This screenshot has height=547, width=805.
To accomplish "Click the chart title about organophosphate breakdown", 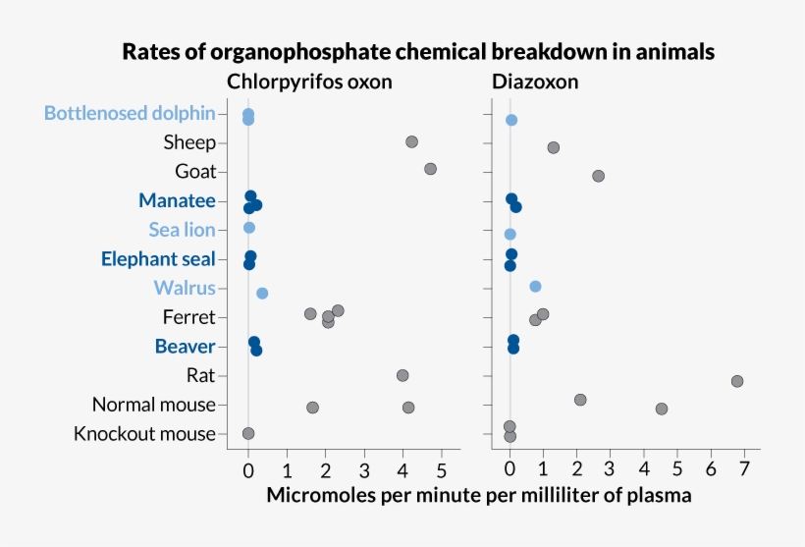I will coord(417,51).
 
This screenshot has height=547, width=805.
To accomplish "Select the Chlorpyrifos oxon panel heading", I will coord(309,82).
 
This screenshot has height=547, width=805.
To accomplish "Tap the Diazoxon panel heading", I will coord(537,82).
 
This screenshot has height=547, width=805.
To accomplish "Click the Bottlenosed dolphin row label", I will coord(130,113).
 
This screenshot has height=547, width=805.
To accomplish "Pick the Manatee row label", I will coord(177,200).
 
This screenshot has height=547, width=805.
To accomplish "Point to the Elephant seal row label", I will coord(158,259).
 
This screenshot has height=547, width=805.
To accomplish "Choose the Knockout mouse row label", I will coord(144,433).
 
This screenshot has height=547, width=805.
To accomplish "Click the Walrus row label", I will coord(185,288).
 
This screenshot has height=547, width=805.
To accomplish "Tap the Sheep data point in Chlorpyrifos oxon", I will coord(411,142).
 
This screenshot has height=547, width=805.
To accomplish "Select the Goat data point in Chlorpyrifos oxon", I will coord(430,169).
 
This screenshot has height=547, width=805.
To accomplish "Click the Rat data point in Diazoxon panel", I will coord(737,381).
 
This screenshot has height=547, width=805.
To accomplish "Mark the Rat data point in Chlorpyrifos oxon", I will coord(402,375).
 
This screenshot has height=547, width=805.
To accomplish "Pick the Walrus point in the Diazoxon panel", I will coord(535,286).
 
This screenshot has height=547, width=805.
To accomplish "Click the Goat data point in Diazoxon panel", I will coord(599,176).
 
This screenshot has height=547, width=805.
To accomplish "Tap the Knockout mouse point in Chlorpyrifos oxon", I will coord(248,433).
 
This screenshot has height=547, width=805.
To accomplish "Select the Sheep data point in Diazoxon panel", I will coord(554,147).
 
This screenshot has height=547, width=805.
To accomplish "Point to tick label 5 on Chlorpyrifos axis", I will coord(441,469).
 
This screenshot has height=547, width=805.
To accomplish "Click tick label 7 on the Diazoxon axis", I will coord(744,469).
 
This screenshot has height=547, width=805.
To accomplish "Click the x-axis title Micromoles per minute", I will coord(479,496).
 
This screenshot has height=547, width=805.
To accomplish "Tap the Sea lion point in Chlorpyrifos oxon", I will coord(249,228).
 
